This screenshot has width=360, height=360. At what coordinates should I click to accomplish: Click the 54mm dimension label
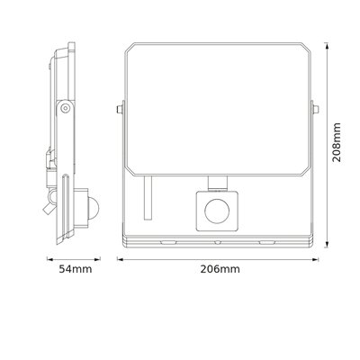(68, 269)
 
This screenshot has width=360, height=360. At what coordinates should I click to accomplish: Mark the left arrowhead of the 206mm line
(120, 260)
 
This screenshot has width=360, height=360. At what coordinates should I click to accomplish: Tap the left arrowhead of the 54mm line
(48, 260)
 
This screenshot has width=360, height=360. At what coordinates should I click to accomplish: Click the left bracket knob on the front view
(121, 112)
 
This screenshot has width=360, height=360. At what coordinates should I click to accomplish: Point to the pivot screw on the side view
(66, 108)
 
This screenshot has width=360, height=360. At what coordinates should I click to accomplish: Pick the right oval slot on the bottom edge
(265, 242)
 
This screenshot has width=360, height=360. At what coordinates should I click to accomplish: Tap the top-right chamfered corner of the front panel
(306, 46)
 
